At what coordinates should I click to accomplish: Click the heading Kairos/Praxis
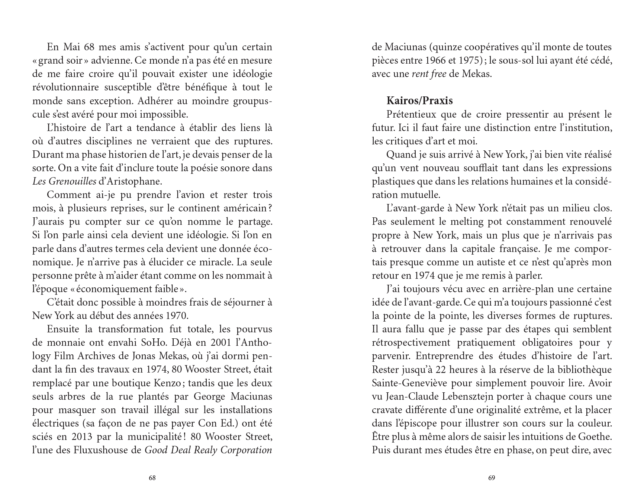[x=419, y=101]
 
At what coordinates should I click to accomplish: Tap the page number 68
[x=152, y=478]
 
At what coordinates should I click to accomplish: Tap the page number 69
[x=492, y=478]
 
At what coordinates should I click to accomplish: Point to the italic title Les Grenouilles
[x=64, y=182]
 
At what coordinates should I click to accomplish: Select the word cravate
[x=387, y=410]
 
